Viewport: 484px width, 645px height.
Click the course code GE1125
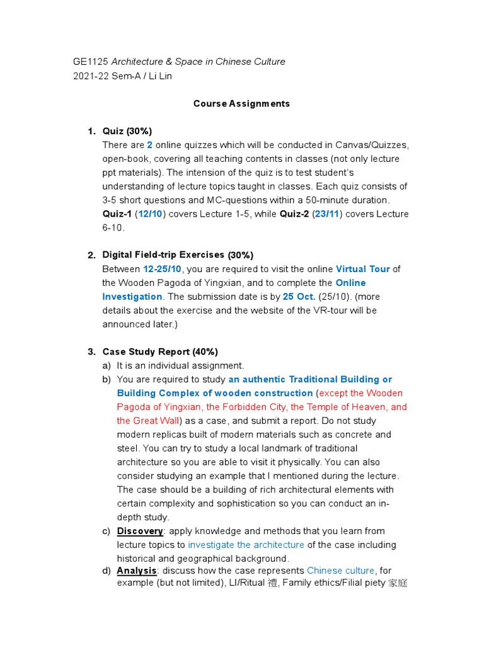pyautogui.click(x=90, y=62)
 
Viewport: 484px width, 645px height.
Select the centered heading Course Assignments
pyautogui.click(x=241, y=103)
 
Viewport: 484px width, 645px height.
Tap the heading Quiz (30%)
pyautogui.click(x=127, y=131)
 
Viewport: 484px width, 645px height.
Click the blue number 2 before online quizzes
pyautogui.click(x=149, y=145)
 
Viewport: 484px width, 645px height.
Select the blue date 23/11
pyautogui.click(x=326, y=214)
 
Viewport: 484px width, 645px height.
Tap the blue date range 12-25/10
pyautogui.click(x=162, y=269)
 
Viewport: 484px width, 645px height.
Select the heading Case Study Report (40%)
pyautogui.click(x=160, y=351)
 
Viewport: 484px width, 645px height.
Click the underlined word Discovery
pyautogui.click(x=140, y=531)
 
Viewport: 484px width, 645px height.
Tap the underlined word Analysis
pyautogui.click(x=137, y=571)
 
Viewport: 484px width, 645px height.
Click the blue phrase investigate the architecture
pyautogui.click(x=246, y=545)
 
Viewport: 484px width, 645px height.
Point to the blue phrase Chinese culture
pyautogui.click(x=340, y=571)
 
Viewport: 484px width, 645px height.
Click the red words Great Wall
pyautogui.click(x=156, y=421)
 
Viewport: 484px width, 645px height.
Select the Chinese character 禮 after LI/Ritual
pyautogui.click(x=272, y=583)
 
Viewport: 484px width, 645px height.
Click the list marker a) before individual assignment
pyautogui.click(x=107, y=365)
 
